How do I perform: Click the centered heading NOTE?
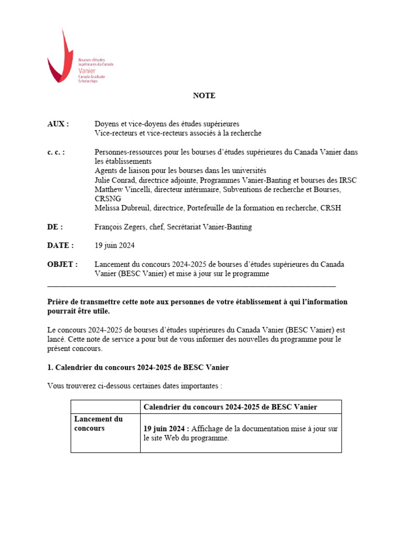(204, 95)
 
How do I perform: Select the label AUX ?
(58, 124)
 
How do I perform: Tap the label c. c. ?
(56, 152)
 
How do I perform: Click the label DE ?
(55, 227)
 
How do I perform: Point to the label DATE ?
(60, 245)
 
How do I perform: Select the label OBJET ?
(62, 264)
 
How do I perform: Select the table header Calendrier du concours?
(230, 407)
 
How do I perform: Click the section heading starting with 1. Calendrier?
(138, 368)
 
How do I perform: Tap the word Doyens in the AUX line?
(107, 124)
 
